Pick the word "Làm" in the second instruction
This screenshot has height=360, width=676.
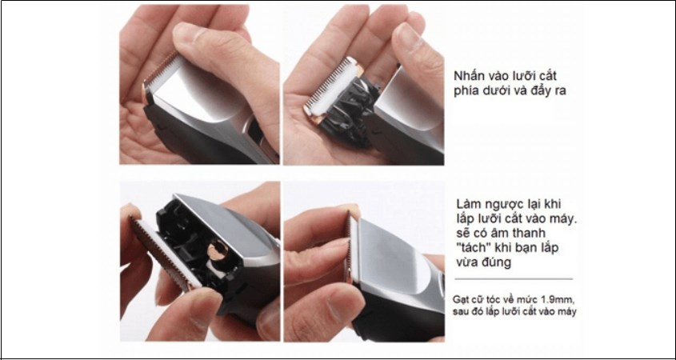click(470, 203)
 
